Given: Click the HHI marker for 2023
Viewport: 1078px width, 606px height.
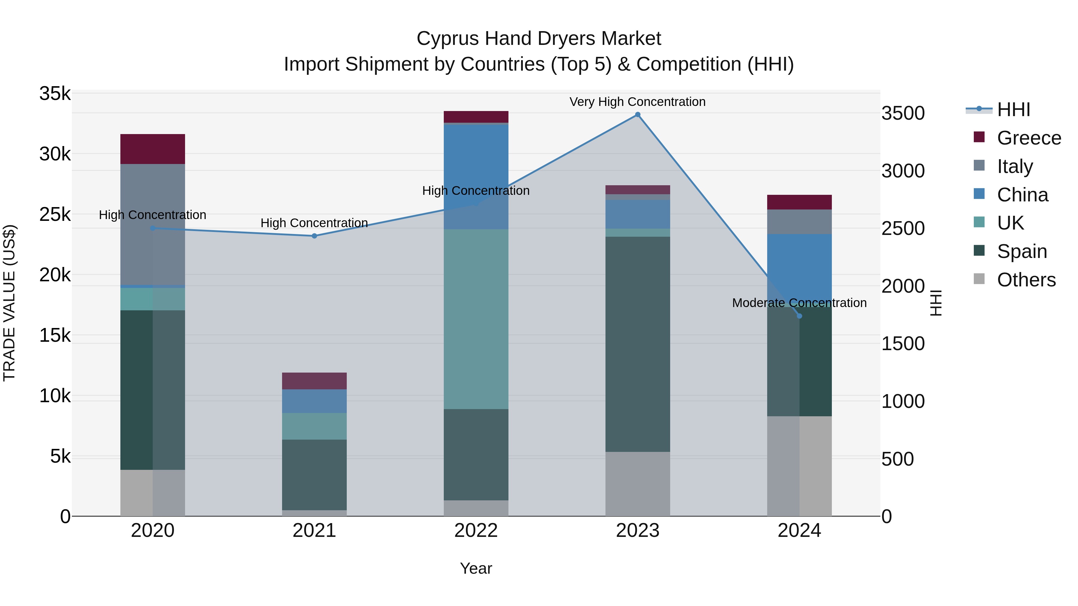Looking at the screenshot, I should click(637, 115).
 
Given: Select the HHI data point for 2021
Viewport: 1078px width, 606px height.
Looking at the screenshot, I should click(314, 236).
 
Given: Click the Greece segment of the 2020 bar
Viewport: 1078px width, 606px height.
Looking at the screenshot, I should click(152, 149).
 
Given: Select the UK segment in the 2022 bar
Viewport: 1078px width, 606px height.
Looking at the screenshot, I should click(476, 319).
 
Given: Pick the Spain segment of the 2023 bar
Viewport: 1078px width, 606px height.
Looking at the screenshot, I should click(637, 344).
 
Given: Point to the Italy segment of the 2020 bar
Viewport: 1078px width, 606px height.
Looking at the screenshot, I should click(152, 224).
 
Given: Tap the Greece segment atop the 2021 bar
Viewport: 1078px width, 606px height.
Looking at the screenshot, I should click(314, 381).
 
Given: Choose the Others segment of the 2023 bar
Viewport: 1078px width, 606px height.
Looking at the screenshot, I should click(637, 484).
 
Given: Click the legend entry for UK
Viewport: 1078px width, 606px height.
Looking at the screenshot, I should click(1010, 223).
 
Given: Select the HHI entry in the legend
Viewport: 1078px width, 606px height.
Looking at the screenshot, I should click(1013, 110).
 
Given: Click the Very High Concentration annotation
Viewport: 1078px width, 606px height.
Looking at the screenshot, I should click(637, 102).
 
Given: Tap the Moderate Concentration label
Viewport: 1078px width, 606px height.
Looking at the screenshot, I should click(799, 303).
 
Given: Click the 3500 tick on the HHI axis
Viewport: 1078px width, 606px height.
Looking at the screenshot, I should click(903, 113).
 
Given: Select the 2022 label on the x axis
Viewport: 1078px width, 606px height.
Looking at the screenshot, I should click(476, 531).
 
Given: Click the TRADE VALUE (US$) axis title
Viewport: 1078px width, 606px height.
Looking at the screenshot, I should click(9, 303).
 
